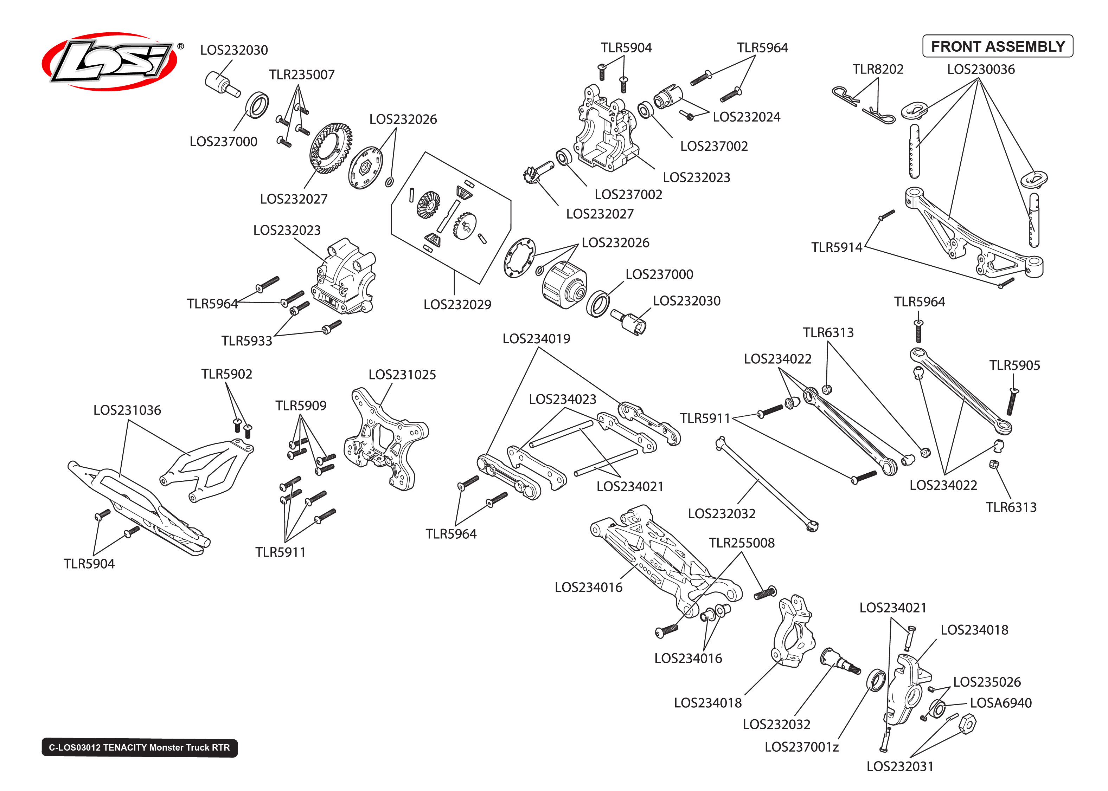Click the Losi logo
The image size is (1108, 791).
point(110,62)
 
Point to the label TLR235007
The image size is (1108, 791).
point(302,74)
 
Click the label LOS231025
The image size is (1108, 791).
point(402,375)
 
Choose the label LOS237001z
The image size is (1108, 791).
point(801,747)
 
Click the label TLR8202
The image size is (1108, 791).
point(878,69)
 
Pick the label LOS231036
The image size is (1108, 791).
point(127,410)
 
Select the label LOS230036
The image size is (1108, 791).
point(980,69)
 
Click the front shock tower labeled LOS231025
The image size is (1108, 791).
point(385,438)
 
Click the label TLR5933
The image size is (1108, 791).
point(246,341)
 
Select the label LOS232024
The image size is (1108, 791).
point(746,117)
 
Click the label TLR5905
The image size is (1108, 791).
point(1014,365)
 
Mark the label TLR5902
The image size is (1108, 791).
point(226,374)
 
